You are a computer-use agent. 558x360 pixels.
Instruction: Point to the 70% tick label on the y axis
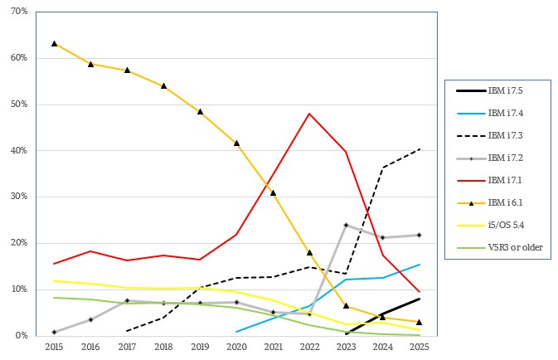point(21,12)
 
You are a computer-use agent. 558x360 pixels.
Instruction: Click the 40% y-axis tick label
point(21,150)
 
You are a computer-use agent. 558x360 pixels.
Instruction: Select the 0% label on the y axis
point(23,335)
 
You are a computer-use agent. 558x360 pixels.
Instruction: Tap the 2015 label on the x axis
point(54,348)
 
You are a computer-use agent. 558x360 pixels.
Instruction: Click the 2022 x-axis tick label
point(309,348)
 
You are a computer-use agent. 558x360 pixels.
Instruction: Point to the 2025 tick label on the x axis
point(420,348)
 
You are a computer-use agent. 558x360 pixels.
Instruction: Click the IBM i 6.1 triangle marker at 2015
point(54,43)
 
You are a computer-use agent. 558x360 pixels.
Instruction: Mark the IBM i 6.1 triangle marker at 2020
point(237,143)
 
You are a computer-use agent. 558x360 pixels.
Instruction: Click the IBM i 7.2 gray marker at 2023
point(346,225)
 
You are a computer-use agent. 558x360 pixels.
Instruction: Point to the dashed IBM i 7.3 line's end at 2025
point(420,149)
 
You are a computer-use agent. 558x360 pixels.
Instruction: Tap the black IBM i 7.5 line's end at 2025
point(420,299)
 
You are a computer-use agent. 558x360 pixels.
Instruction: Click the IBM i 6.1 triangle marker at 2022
point(309,252)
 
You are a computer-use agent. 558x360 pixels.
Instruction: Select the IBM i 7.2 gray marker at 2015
point(54,332)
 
